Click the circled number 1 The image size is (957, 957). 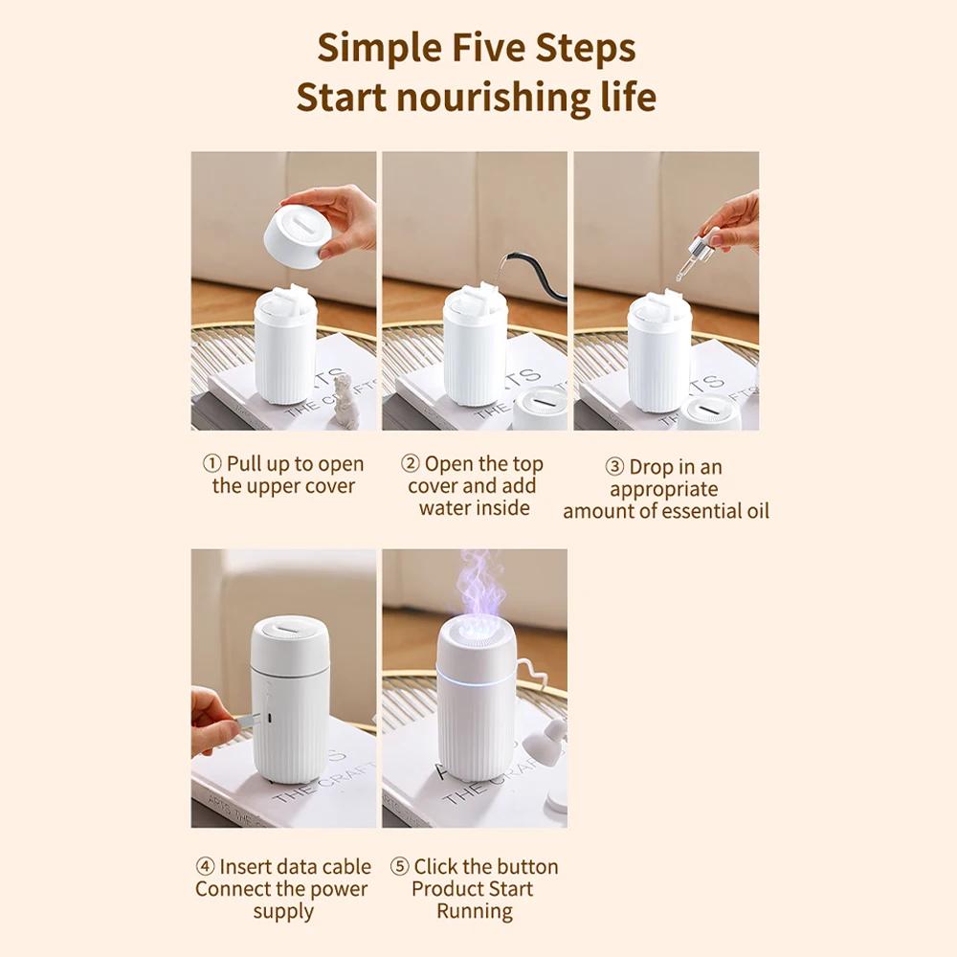tap(211, 464)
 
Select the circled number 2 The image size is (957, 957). tap(411, 464)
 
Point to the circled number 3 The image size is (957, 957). tap(614, 467)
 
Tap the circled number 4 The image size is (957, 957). tap(205, 866)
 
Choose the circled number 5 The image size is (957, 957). tap(399, 866)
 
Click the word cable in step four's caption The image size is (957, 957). tap(346, 867)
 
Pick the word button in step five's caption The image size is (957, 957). tap(530, 867)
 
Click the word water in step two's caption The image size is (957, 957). tap(446, 508)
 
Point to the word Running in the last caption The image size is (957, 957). tap(475, 911)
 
